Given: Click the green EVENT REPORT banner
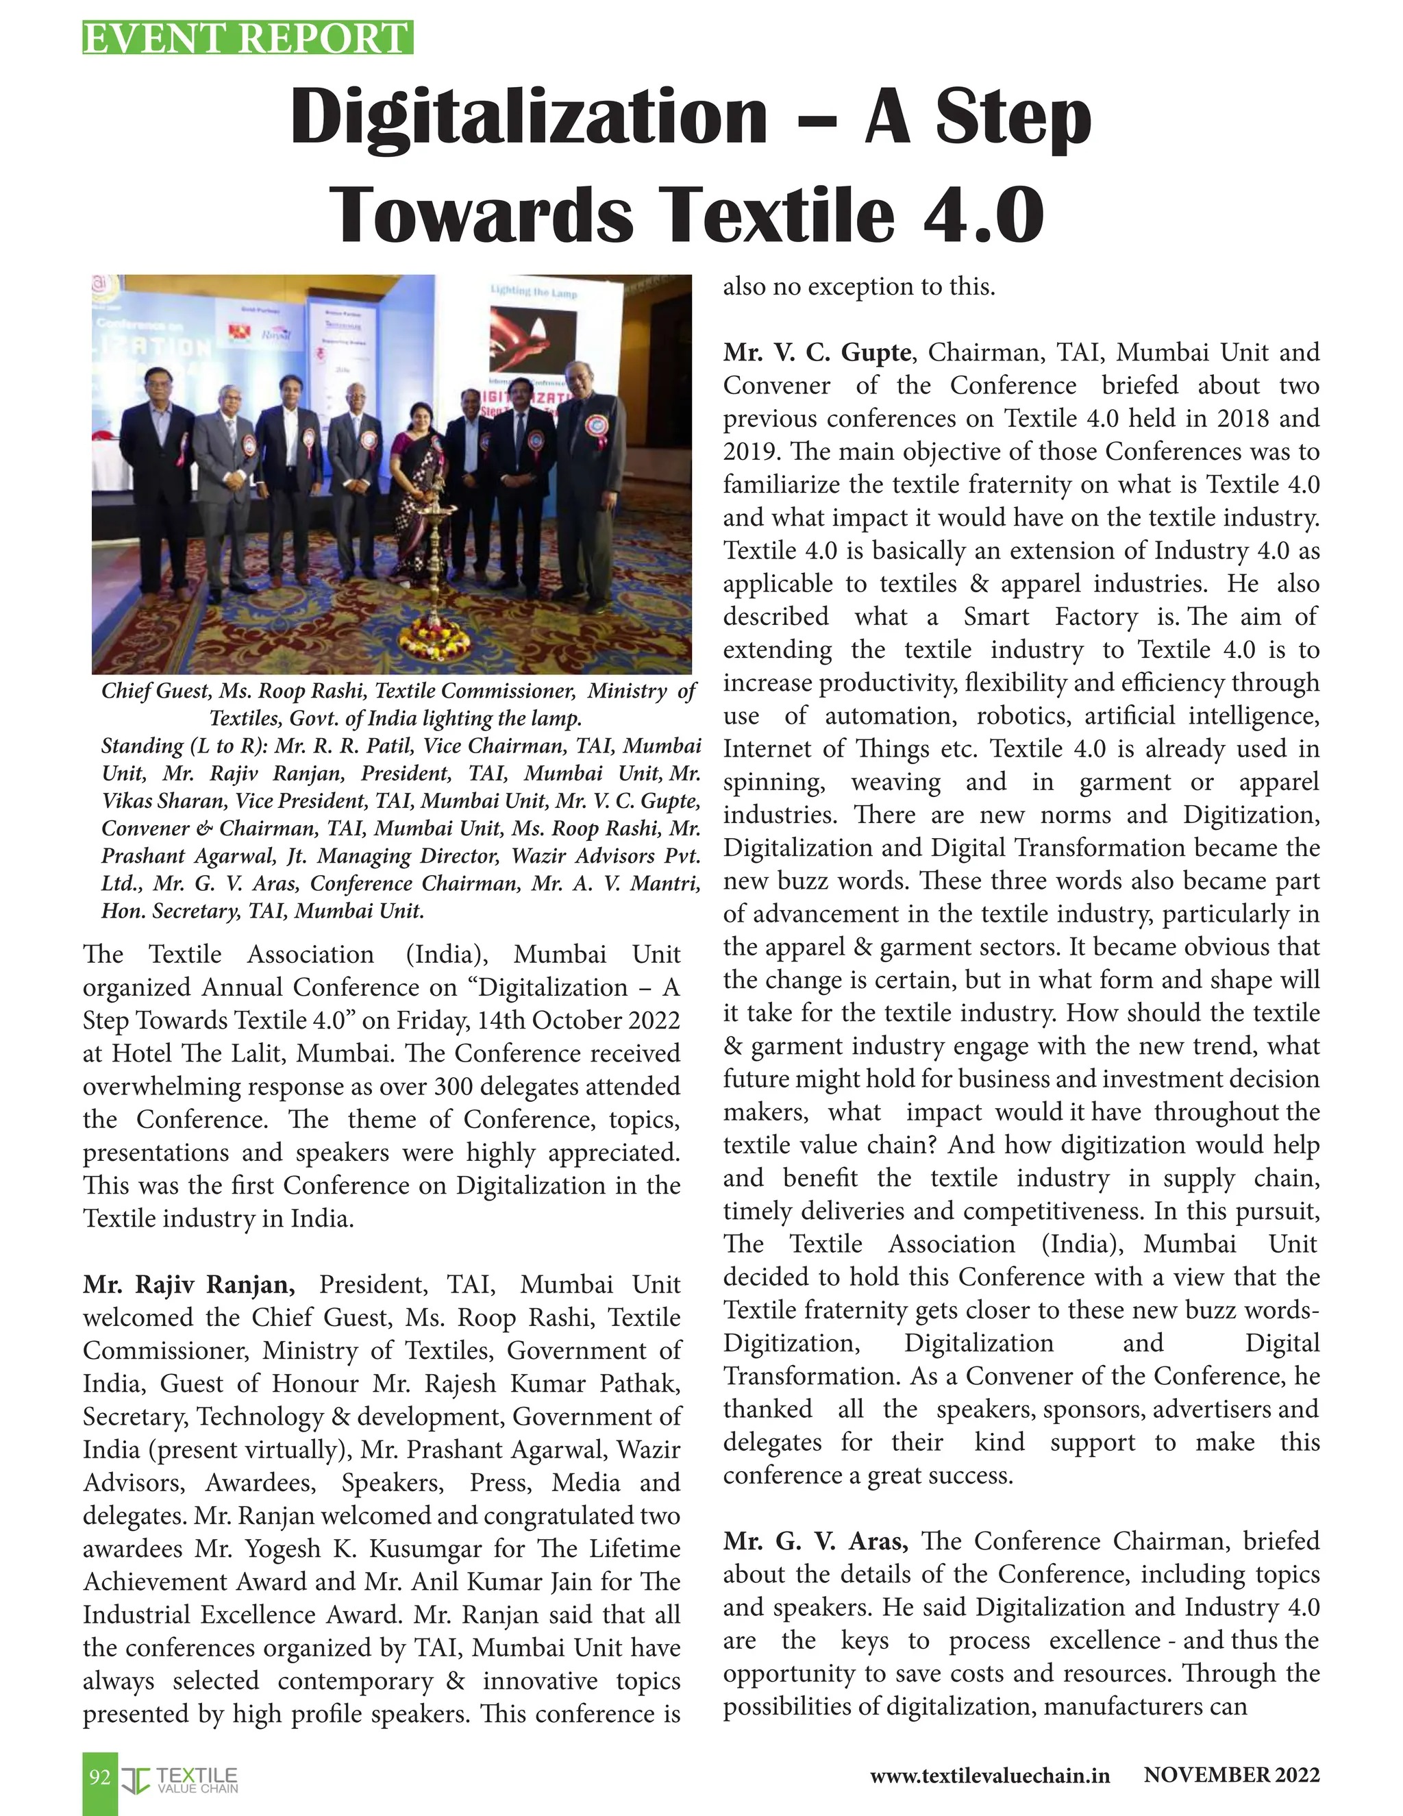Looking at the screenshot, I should pos(248,38).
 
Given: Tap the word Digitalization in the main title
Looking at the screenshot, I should pos(529,117).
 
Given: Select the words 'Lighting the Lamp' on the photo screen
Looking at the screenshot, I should pos(534,293).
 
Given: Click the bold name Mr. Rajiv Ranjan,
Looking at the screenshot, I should pos(188,1285).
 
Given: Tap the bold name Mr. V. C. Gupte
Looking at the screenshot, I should pos(816,352).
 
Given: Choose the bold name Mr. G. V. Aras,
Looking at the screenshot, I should pos(815,1541).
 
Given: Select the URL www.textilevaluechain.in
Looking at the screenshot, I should pos(989,1776).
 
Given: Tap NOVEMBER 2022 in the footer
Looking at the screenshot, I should pos(1231,1776).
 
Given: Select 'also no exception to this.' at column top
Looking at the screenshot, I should pos(858,287).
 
